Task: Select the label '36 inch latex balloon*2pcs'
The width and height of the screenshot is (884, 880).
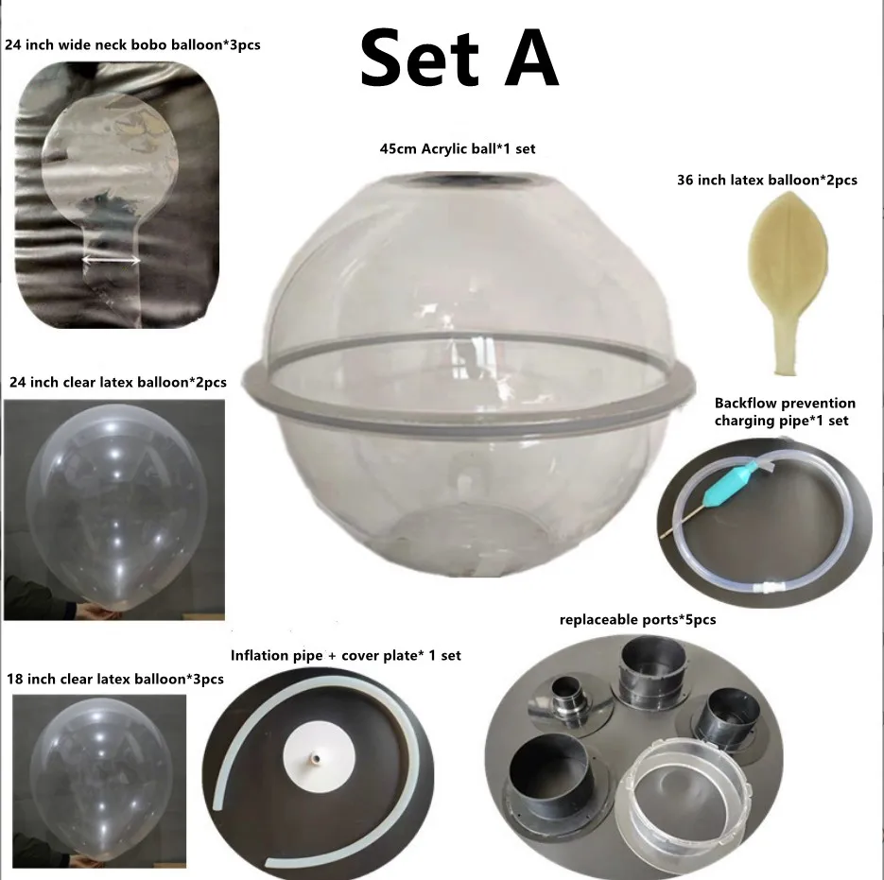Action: pyautogui.click(x=767, y=179)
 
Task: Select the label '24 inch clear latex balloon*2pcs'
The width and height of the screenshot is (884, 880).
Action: pyautogui.click(x=117, y=383)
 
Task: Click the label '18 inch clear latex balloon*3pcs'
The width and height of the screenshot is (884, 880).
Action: pyautogui.click(x=115, y=679)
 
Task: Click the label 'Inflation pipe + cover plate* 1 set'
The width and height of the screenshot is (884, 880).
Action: pyautogui.click(x=346, y=655)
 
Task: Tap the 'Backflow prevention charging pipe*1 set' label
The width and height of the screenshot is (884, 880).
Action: pyautogui.click(x=785, y=411)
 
